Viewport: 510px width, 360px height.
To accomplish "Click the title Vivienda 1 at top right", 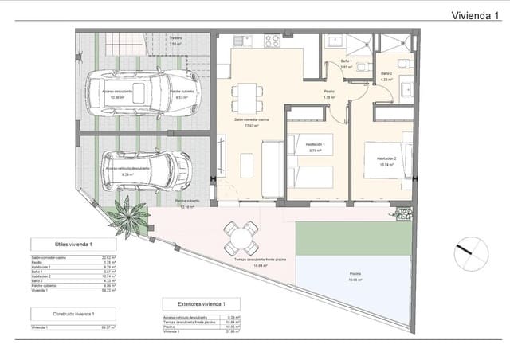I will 476,15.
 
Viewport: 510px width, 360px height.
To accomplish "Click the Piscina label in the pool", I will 354,273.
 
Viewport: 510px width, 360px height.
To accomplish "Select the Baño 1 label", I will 347,61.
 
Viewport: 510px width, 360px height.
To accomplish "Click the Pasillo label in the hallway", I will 328,92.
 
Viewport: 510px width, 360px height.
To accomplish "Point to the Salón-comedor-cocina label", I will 252,119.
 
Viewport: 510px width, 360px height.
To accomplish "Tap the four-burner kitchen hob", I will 272,40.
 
